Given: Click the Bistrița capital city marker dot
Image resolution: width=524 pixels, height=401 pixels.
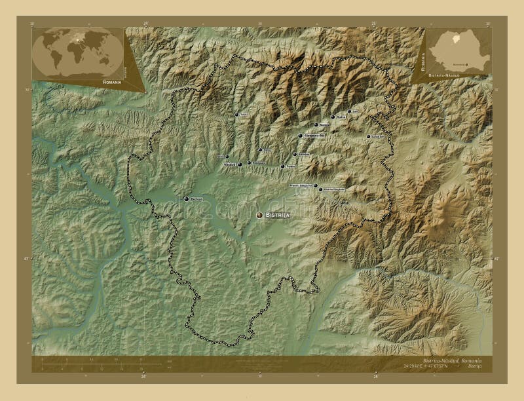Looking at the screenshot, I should pyautogui.click(x=259, y=214).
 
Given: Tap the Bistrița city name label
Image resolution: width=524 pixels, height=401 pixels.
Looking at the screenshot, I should pyautogui.click(x=278, y=215).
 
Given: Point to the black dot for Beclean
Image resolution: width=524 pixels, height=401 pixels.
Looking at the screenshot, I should pyautogui.click(x=187, y=199).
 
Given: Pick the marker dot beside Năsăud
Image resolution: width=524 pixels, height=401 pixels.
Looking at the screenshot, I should pyautogui.click(x=240, y=164).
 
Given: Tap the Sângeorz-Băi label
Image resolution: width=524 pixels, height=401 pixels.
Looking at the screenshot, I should pyautogui.click(x=315, y=136).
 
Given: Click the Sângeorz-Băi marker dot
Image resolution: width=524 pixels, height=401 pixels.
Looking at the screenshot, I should pyautogui.click(x=301, y=136).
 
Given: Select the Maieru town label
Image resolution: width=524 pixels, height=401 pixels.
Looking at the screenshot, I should pyautogui.click(x=326, y=124).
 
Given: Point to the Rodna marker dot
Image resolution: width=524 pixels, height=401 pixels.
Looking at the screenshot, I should pyautogui.click(x=333, y=117).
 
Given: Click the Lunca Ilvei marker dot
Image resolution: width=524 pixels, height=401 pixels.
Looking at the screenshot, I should pyautogui.click(x=369, y=136).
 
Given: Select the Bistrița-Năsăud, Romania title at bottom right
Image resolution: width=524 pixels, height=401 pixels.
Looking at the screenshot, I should pyautogui.click(x=452, y=361).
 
